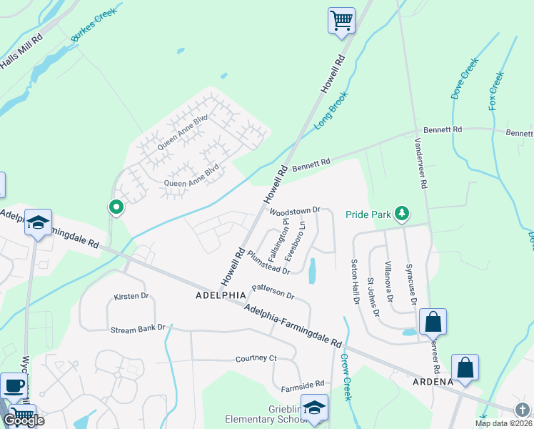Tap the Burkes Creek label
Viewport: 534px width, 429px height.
94,25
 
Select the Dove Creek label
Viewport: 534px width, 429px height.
463,79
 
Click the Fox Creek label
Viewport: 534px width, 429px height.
496,89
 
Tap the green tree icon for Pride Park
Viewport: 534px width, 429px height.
403,213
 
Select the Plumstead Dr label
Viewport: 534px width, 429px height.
268,262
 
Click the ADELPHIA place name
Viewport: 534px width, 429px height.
221,295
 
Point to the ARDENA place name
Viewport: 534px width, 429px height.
432,382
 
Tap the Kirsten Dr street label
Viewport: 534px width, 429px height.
131,296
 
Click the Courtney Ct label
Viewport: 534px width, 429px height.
256,358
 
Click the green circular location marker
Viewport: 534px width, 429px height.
116,207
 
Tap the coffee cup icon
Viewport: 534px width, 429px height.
14,386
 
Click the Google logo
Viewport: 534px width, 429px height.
24,420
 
